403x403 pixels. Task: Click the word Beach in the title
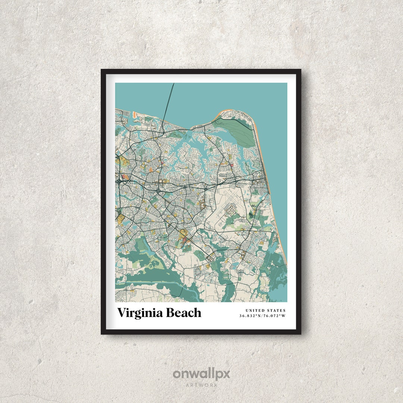pyautogui.click(x=184, y=313)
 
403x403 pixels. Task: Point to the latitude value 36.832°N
pyautogui.click(x=251, y=316)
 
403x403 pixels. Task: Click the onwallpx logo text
pyautogui.click(x=201, y=374)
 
